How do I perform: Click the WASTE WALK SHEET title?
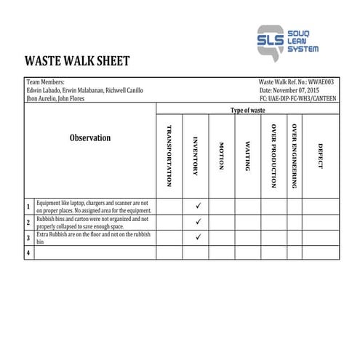pyautogui.click(x=77, y=60)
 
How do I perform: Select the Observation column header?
pyautogui.click(x=90, y=137)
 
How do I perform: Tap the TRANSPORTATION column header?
pyautogui.click(x=169, y=156)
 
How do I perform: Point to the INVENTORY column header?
pyautogui.click(x=195, y=156)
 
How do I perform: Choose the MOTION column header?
pyautogui.click(x=221, y=156)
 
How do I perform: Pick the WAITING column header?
pyautogui.click(x=247, y=156)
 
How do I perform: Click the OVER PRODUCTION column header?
pyautogui.click(x=273, y=156)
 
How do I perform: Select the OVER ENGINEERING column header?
pyautogui.click(x=294, y=156)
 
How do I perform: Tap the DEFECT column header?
pyautogui.click(x=320, y=156)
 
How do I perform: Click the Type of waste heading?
pyautogui.click(x=247, y=110)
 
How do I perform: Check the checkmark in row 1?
pyautogui.click(x=198, y=207)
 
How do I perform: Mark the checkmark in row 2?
pyautogui.click(x=198, y=222)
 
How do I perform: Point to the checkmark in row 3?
pyautogui.click(x=198, y=237)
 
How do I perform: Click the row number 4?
pyautogui.click(x=28, y=252)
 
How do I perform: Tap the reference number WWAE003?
pyautogui.click(x=322, y=82)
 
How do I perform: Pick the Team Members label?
pyautogui.click(x=45, y=82)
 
